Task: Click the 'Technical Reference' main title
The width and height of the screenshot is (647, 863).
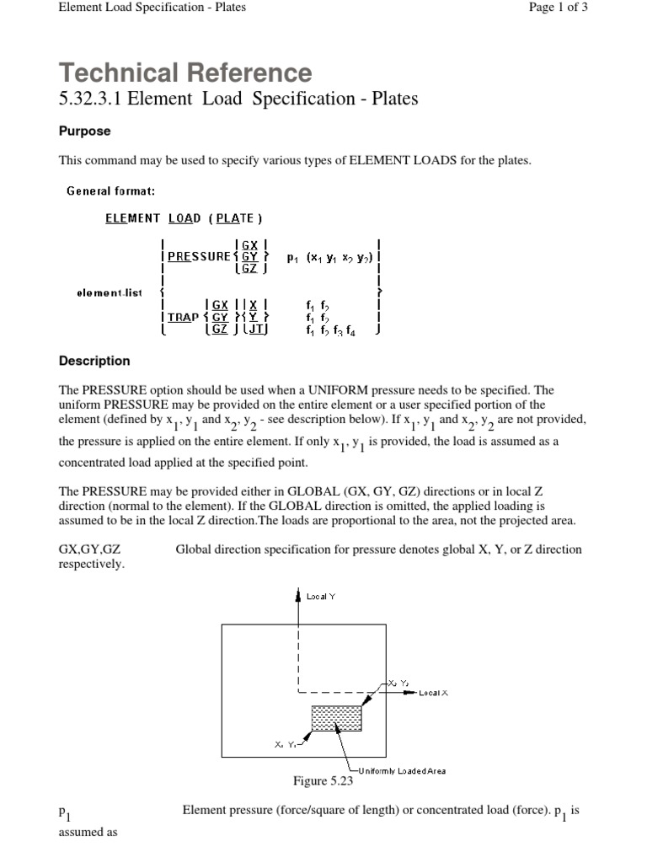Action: point(185,72)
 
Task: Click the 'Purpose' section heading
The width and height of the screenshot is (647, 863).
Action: point(84,131)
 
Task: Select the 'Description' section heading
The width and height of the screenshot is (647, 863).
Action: point(94,361)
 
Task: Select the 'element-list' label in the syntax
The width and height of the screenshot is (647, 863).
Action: point(109,293)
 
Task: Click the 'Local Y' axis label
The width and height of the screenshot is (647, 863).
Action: point(321,597)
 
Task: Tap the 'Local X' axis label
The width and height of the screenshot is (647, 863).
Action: point(434,693)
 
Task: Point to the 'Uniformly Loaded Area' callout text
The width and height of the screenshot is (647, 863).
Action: point(402,770)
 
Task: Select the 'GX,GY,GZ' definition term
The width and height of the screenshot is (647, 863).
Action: point(91,549)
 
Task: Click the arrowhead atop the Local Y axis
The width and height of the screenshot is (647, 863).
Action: point(298,596)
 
